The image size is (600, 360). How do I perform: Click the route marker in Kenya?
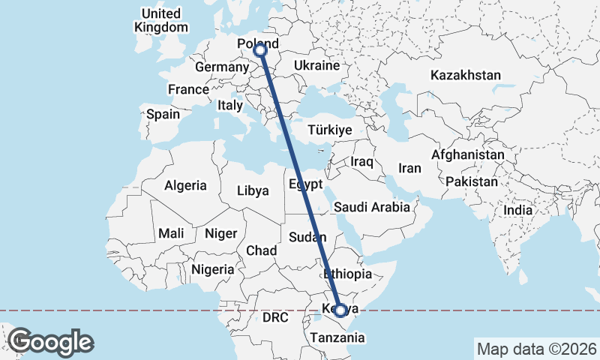[x=340, y=310]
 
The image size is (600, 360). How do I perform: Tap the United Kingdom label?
[x=160, y=20]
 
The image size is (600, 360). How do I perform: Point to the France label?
[x=188, y=90]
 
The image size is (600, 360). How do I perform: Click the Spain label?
[x=163, y=115]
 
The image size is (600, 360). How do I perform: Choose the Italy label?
[x=230, y=106]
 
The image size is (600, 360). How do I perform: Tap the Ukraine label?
[x=317, y=66]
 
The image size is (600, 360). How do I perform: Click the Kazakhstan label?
[x=465, y=75]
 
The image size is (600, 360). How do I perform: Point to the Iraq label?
[x=361, y=162]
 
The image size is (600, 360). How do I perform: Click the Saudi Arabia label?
[x=372, y=207]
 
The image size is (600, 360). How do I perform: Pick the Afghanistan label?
[x=468, y=154]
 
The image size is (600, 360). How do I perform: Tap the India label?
[x=517, y=211]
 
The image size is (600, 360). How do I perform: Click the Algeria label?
[x=185, y=185]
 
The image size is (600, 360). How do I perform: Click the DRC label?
[x=275, y=318]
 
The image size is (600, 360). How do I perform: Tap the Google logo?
[x=50, y=342]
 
